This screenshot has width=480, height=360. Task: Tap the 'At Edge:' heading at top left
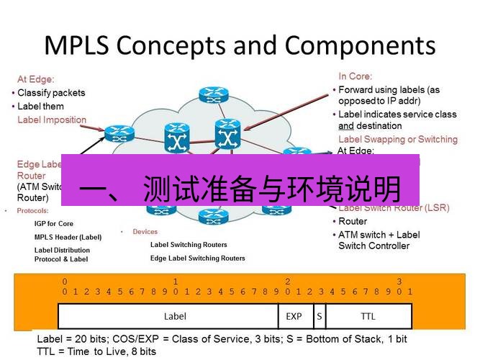coord(36,79)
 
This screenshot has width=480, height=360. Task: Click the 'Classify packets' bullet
coord(51,93)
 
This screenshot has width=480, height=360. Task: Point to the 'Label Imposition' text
coord(52,120)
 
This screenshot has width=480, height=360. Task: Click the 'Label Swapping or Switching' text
coord(397,139)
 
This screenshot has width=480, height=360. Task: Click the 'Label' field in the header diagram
coord(175,316)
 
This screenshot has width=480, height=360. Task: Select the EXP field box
coord(294,316)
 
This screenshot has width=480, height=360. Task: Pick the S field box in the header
coord(319,316)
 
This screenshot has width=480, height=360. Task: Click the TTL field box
coord(368,316)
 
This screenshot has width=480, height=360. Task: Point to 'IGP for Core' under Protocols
coord(54,224)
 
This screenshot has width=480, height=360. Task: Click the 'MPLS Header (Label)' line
coord(68,237)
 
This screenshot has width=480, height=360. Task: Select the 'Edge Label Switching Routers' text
coord(197,258)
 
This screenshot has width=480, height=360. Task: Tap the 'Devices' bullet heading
coord(145,232)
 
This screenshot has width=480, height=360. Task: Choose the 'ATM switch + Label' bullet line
coord(379,235)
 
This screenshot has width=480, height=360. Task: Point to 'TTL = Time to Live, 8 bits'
coord(96,351)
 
